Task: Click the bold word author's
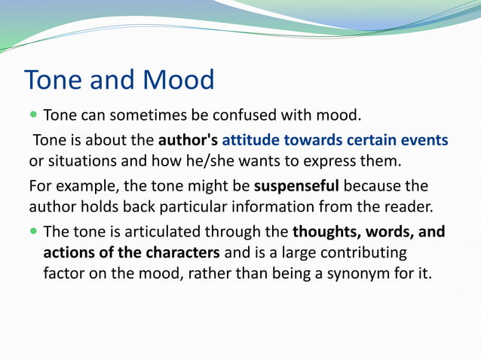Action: pos(188,140)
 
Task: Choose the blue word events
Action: pos(425,140)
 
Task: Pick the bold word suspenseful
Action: pos(297,185)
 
